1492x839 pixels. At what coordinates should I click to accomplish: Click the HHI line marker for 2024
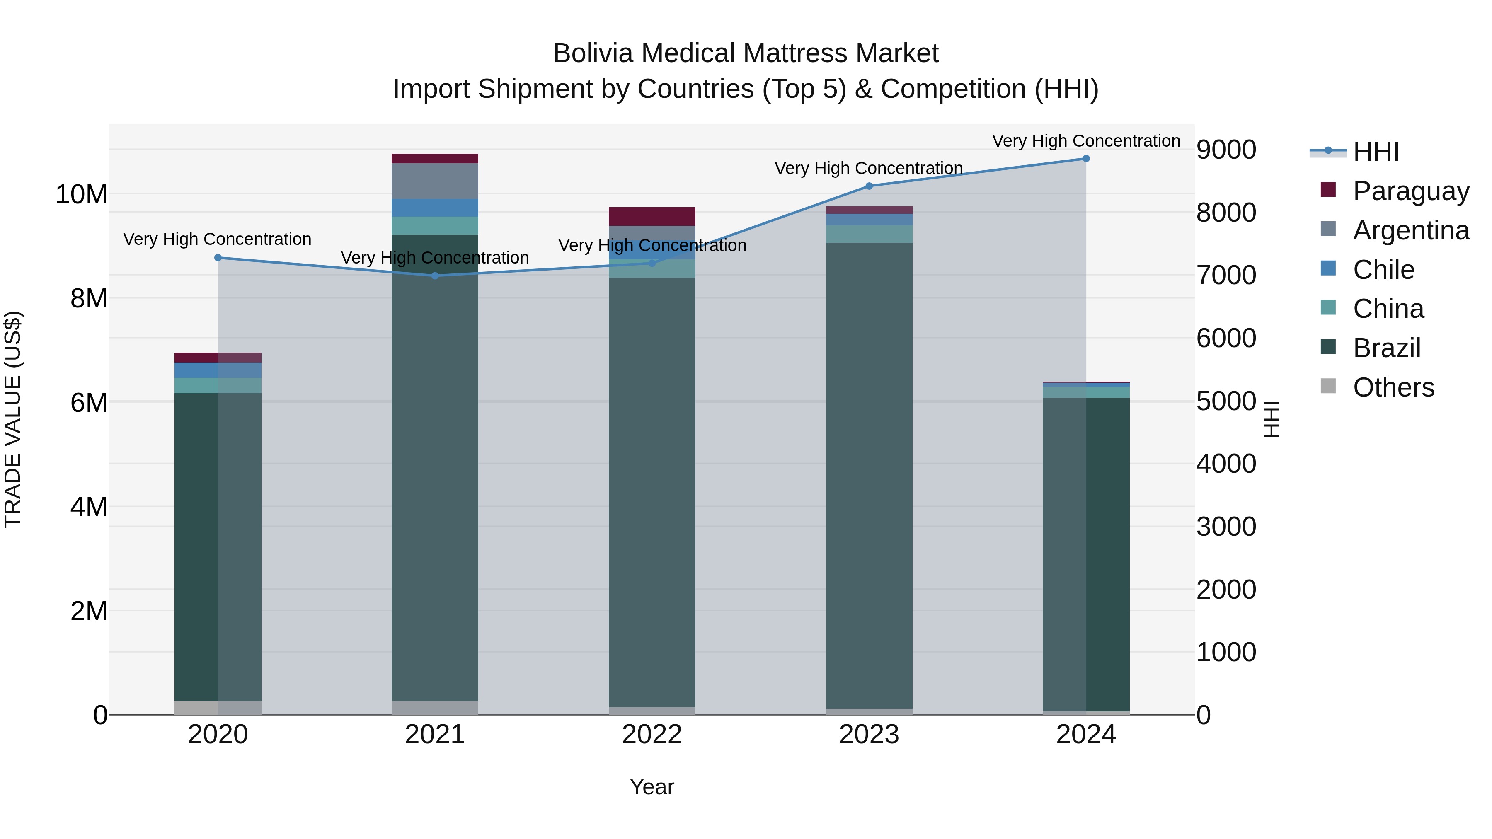(x=1086, y=159)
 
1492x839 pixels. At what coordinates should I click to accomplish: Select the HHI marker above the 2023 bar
(x=869, y=186)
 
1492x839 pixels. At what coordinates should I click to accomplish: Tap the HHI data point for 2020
(x=218, y=258)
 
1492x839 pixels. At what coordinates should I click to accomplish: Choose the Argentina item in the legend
(x=1410, y=230)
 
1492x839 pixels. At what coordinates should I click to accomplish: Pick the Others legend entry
(x=1393, y=387)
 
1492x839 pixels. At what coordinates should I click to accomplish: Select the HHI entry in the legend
(x=1375, y=152)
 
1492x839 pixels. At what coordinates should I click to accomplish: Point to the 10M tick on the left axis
(x=81, y=195)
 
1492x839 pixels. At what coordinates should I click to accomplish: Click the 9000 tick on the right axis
(x=1226, y=150)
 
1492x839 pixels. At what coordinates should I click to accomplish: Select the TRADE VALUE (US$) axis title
(x=13, y=419)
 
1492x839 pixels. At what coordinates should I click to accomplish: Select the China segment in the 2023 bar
(x=869, y=234)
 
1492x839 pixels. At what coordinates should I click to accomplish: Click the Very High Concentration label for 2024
(x=1086, y=141)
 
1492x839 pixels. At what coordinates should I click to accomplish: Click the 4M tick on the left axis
(x=89, y=507)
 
